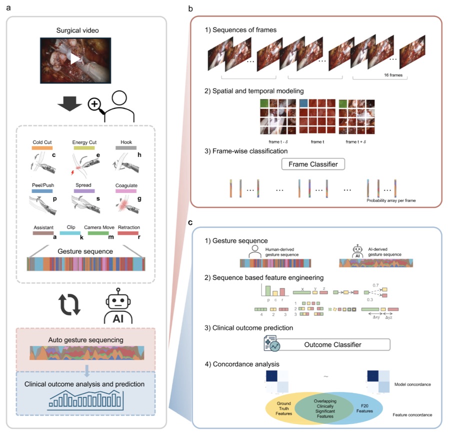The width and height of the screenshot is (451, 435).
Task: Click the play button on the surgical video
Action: click(x=75, y=59)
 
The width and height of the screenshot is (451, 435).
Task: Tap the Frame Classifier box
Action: click(x=313, y=164)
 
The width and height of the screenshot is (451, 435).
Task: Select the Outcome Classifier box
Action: click(x=332, y=344)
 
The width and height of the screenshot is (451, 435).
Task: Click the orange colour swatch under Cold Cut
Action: click(x=42, y=148)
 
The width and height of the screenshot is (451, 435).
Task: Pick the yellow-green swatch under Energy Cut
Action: click(x=84, y=148)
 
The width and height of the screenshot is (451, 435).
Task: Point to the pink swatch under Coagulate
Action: click(x=126, y=191)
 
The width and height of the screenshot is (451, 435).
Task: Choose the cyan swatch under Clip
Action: click(x=70, y=233)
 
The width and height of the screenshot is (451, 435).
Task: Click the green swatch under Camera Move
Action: click(x=98, y=233)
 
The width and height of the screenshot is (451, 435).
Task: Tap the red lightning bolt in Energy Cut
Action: click(x=72, y=172)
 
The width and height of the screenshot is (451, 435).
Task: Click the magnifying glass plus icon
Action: click(x=95, y=105)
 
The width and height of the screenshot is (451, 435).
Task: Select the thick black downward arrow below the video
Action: click(x=69, y=104)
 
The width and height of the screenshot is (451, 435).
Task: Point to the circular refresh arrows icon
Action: click(x=69, y=304)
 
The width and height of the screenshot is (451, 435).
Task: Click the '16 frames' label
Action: click(x=393, y=75)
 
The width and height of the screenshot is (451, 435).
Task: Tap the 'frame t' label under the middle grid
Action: click(x=317, y=142)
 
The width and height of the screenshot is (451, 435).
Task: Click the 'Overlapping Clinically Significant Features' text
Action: click(x=325, y=408)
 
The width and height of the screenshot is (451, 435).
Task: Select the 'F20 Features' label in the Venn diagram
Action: click(x=364, y=408)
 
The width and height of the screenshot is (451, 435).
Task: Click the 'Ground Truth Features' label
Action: click(x=283, y=408)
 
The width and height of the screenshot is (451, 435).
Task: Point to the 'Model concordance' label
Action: click(x=412, y=384)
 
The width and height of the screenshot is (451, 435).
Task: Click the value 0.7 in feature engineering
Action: click(x=375, y=285)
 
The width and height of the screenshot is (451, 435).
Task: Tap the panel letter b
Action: click(x=190, y=9)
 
